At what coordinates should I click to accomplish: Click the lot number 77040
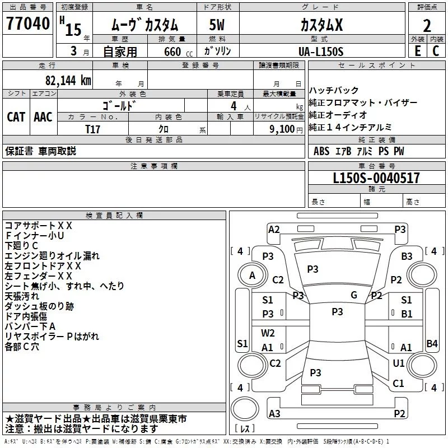tap(27, 24)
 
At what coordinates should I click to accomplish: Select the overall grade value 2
tap(427, 26)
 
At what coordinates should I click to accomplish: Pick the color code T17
tap(92, 129)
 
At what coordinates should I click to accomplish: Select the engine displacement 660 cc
tap(173, 52)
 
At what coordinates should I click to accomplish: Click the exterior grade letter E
tap(417, 52)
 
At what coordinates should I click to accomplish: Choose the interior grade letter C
tap(436, 52)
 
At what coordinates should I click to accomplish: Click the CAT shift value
tap(16, 116)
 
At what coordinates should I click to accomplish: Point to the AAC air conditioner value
tap(43, 116)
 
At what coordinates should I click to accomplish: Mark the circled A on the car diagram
tap(252, 275)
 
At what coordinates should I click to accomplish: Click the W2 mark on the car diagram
tap(268, 333)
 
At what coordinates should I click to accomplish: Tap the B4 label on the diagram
tap(432, 343)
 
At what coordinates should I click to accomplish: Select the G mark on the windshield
tap(353, 295)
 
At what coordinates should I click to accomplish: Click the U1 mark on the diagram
tap(399, 363)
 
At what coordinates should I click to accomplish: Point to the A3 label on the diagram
tap(274, 413)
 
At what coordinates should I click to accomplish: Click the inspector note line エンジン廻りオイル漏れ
tap(52, 256)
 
